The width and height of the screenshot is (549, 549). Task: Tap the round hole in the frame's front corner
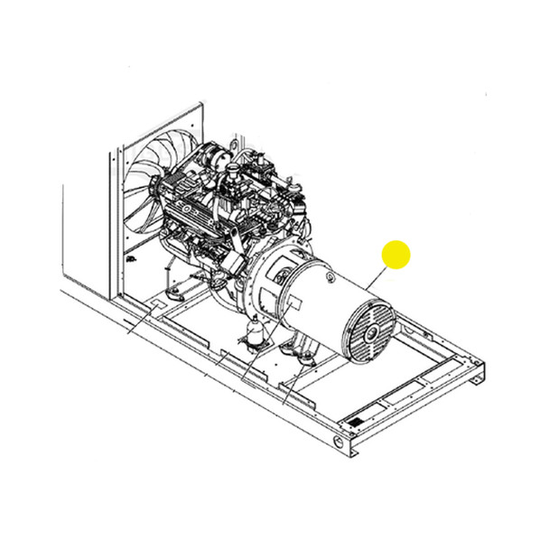tap(339, 442)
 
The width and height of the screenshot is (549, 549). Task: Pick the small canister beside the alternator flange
tap(252, 334)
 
